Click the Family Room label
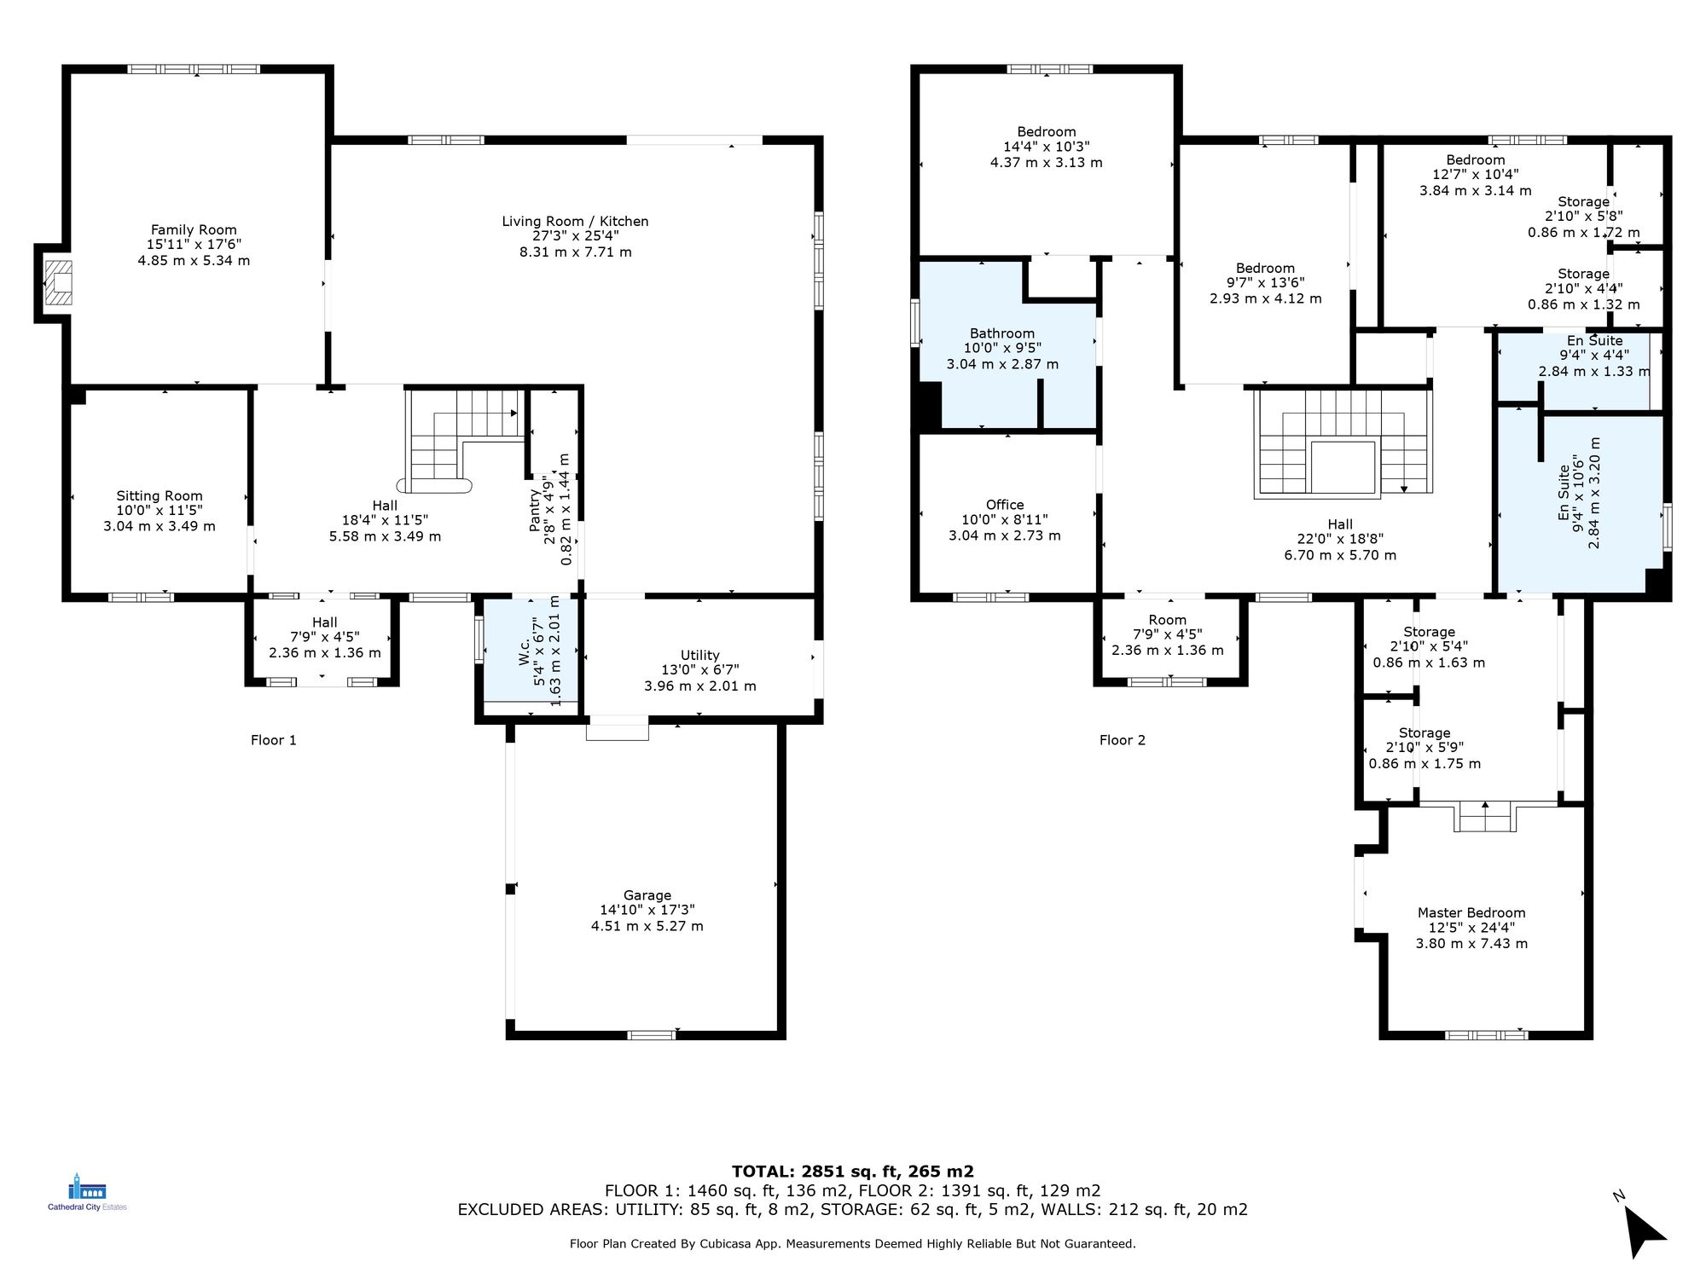pyautogui.click(x=194, y=229)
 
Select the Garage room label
pyautogui.click(x=647, y=895)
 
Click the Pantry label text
pyautogui.click(x=535, y=510)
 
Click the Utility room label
pyautogui.click(x=699, y=655)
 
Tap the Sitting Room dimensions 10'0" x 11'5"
pyautogui.click(x=160, y=511)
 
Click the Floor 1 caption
pyautogui.click(x=273, y=740)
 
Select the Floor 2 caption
pyautogui.click(x=1122, y=740)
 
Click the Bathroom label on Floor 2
pyautogui.click(x=1001, y=333)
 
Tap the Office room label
pyautogui.click(x=1004, y=505)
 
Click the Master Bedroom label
pyautogui.click(x=1471, y=912)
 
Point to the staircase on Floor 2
pyautogui.click(x=1342, y=443)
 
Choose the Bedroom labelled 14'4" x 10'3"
pyautogui.click(x=1046, y=132)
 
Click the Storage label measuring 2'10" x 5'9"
pyautogui.click(x=1424, y=733)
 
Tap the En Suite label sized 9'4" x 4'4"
pyautogui.click(x=1594, y=341)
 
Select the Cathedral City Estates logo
pyautogui.click(x=87, y=1192)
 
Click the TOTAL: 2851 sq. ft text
pyautogui.click(x=852, y=1171)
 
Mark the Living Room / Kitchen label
pyautogui.click(x=575, y=222)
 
